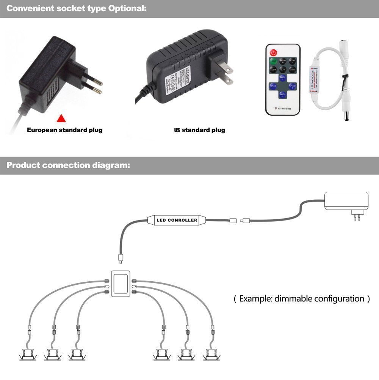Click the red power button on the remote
[x=273, y=52]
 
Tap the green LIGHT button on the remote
[x=273, y=61]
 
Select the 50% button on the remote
[x=283, y=69]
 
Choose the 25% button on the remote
[x=292, y=69]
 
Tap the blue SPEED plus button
[x=292, y=87]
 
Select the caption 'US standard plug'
[x=199, y=130]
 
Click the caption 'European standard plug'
[x=64, y=130]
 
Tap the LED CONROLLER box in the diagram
[x=177, y=220]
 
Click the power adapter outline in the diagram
[x=346, y=201]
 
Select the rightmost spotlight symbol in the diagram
[x=211, y=354]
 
